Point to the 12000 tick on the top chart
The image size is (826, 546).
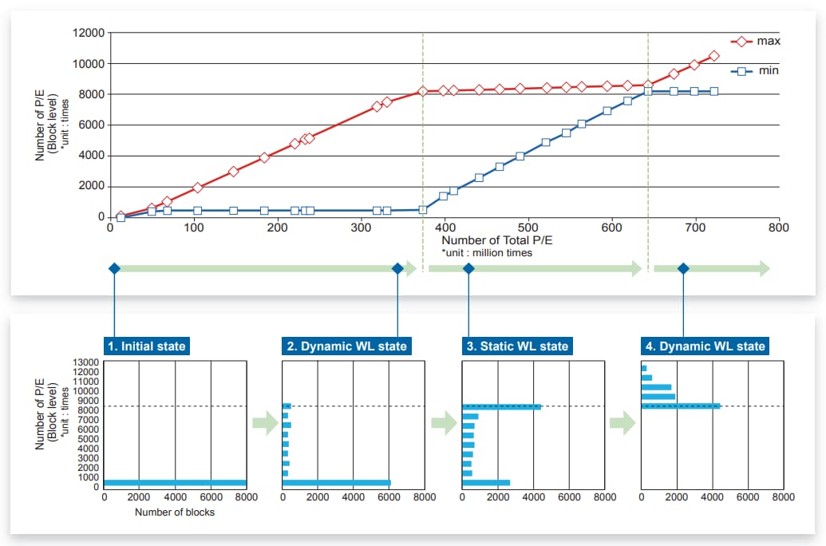pyautogui.click(x=89, y=33)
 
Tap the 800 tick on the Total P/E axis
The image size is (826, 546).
pyautogui.click(x=779, y=228)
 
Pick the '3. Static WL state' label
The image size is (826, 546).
pyautogui.click(x=518, y=346)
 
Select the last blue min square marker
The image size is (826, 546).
pyautogui.click(x=713, y=91)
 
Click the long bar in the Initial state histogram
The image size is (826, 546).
pyautogui.click(x=176, y=482)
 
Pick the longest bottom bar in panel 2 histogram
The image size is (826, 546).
pyautogui.click(x=337, y=482)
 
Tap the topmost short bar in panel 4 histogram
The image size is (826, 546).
pyautogui.click(x=644, y=368)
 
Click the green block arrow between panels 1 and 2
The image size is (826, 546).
pyautogui.click(x=264, y=425)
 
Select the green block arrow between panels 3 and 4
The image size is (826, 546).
pyautogui.click(x=622, y=425)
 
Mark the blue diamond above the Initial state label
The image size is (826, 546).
pyautogui.click(x=114, y=269)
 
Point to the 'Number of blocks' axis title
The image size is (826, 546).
pyautogui.click(x=175, y=512)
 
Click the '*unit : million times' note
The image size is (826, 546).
pyautogui.click(x=487, y=252)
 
